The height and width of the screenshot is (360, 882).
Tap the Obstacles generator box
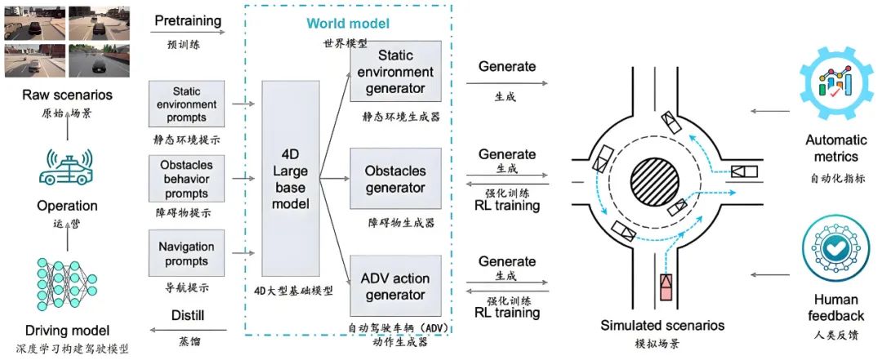tap(395, 178)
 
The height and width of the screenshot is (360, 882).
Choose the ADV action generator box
tap(395, 287)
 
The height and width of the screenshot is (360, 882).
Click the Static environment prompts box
tap(186, 104)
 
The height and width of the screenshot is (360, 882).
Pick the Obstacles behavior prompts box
tap(186, 179)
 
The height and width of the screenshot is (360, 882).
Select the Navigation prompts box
tap(186, 253)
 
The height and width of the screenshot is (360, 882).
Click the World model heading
tap(348, 24)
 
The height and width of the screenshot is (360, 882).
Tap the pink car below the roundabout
tap(666, 287)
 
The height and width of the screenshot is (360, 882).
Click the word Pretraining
tap(188, 21)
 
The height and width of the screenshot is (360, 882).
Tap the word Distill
tap(189, 315)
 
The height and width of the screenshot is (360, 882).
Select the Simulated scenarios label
tap(662, 325)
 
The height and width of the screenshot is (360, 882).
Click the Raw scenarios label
tap(68, 95)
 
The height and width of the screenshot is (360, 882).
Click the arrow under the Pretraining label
tap(189, 32)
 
